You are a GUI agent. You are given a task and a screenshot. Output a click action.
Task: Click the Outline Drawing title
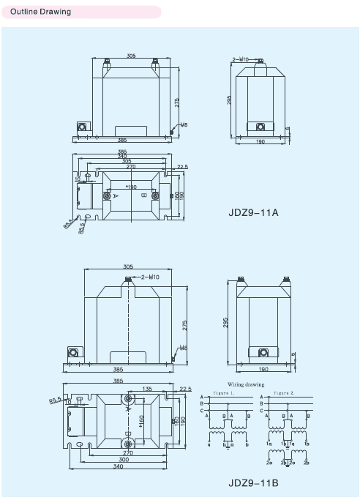(x=41, y=12)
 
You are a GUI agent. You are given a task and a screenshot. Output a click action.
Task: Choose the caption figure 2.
(x=284, y=392)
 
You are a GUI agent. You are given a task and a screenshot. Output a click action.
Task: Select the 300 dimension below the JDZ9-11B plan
(x=124, y=460)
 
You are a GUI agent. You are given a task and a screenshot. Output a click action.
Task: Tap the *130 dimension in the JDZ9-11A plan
(x=132, y=187)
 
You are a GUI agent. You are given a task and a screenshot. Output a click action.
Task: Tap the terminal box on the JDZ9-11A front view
(x=82, y=128)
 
